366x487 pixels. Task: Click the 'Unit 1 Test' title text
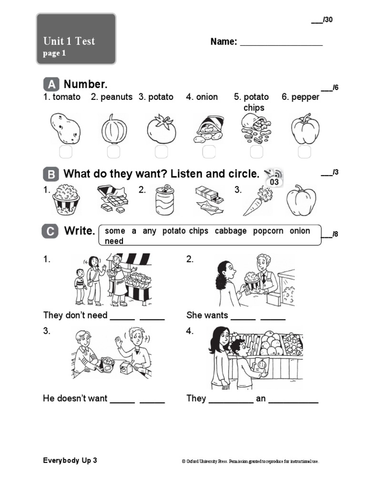pos(69,41)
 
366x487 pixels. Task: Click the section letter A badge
pos(51,85)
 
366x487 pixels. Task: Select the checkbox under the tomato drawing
pos(161,152)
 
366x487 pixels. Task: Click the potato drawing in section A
pos(65,128)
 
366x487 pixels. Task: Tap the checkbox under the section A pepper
pos(304,152)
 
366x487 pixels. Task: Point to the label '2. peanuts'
pos(112,97)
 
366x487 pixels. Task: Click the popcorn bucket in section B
pos(66,200)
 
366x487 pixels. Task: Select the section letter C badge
pos(51,232)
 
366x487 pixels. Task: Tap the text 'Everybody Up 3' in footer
pos(70,460)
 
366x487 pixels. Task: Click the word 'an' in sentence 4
pos(261,399)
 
